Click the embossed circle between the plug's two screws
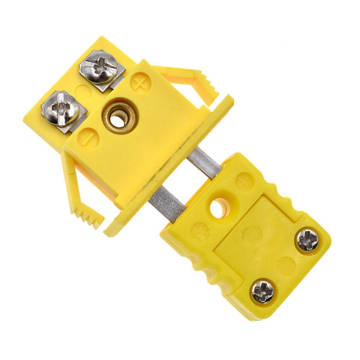(284, 266)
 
